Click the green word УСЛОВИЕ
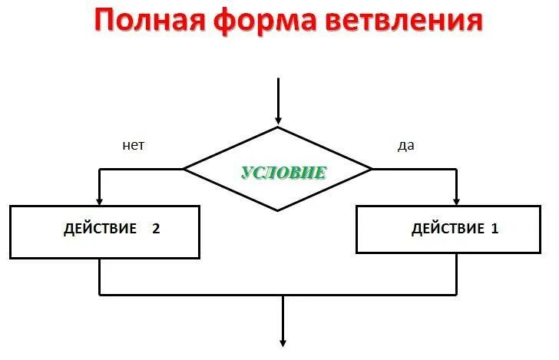point(284,172)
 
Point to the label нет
point(133,145)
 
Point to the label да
point(405,146)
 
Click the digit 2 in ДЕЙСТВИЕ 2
point(156,228)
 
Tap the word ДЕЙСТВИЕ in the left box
point(100,228)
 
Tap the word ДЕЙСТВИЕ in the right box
point(448,228)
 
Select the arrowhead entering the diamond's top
point(278,120)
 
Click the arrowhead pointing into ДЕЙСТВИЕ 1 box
point(457,201)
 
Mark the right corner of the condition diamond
point(371,168)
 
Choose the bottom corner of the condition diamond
point(278,210)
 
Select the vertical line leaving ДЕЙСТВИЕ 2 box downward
point(100,276)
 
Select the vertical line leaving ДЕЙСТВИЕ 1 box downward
point(457,273)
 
